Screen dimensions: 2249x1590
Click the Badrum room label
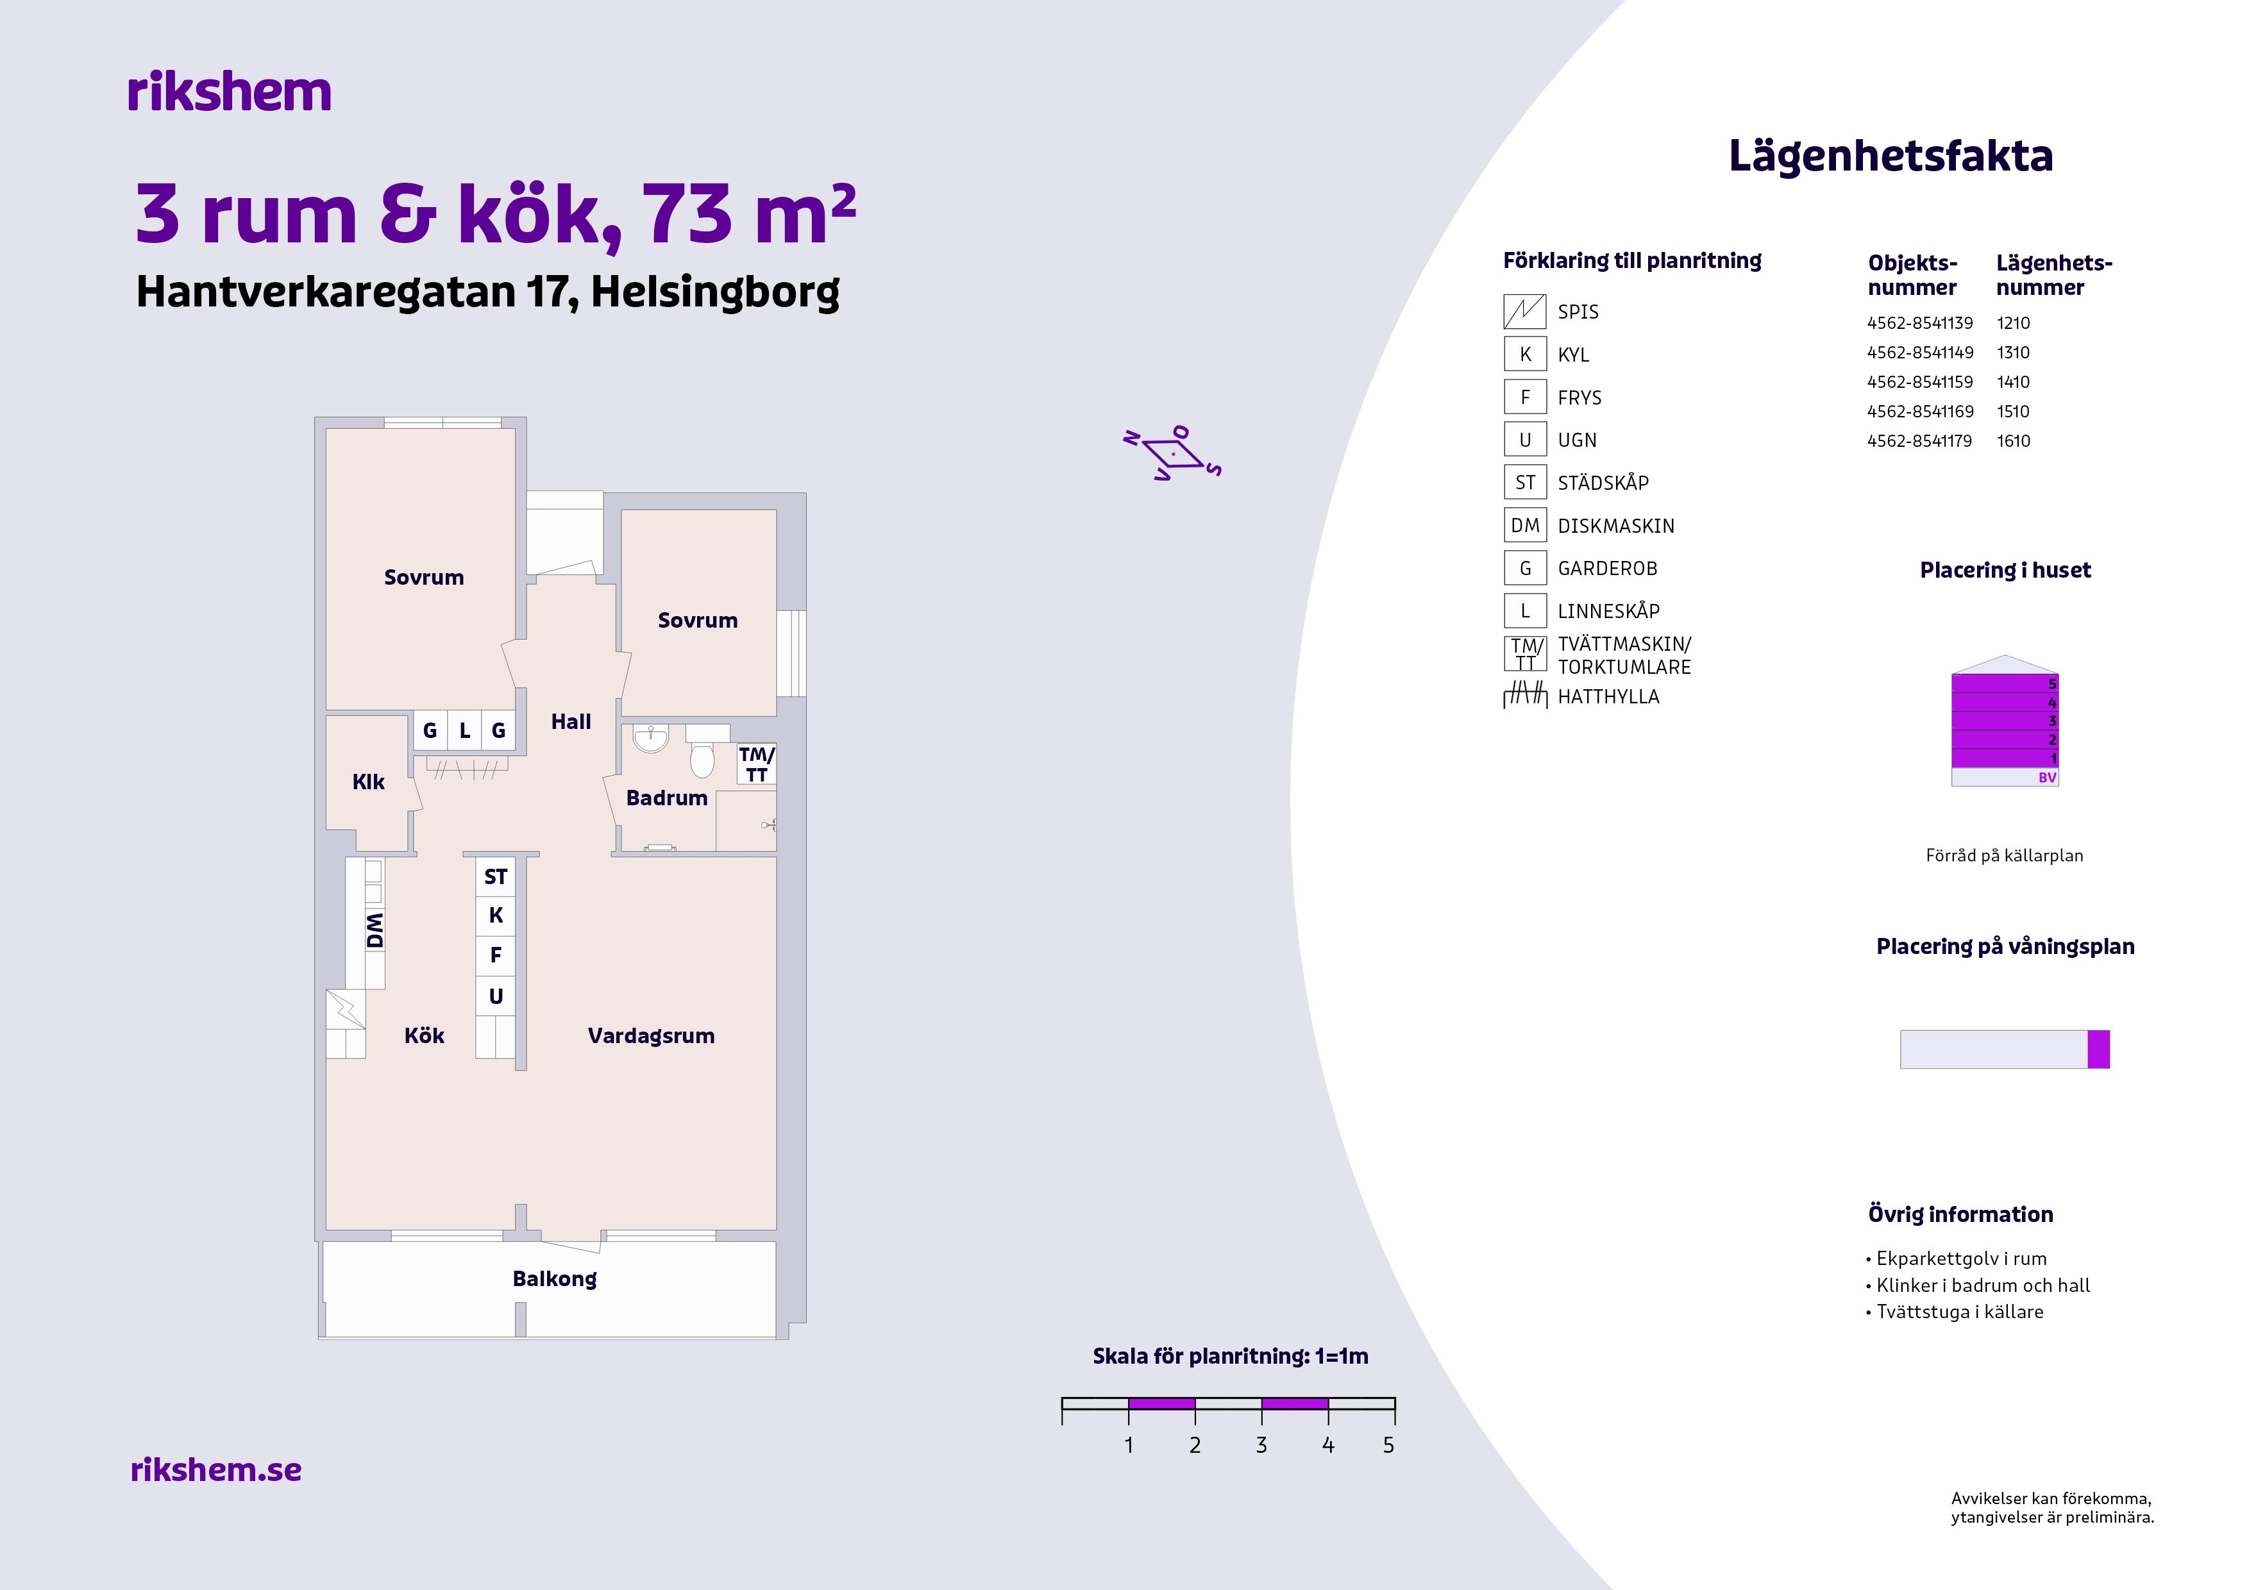(666, 798)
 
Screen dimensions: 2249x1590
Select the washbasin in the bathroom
(650, 739)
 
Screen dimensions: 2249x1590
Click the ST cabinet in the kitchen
(496, 877)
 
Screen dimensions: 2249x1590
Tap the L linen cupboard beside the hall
(464, 730)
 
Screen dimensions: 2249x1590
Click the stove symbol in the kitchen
(345, 1008)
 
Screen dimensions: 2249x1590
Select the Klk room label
(368, 782)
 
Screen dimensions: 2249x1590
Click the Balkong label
(555, 1278)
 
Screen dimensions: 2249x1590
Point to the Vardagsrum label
(652, 1036)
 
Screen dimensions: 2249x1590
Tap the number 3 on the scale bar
(1261, 1445)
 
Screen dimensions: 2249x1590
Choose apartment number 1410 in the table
(2013, 382)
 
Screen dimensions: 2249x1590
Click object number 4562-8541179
(1920, 440)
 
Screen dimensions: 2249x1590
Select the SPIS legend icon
(1525, 312)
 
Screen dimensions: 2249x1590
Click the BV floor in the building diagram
(2005, 778)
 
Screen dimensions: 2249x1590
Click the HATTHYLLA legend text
(1608, 697)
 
